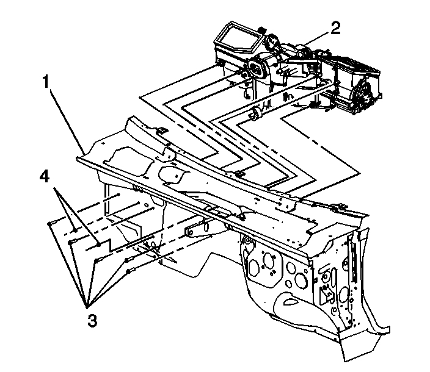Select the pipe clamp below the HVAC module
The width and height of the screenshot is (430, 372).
tap(257, 112)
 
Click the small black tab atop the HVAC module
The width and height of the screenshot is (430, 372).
tap(260, 29)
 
